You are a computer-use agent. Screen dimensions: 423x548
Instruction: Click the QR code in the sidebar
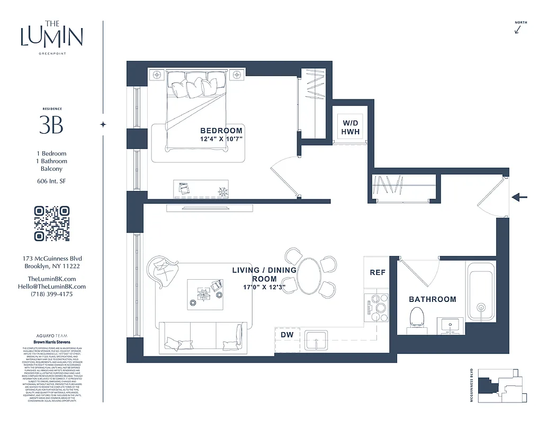pos(52,224)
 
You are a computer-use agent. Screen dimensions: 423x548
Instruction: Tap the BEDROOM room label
pos(221,131)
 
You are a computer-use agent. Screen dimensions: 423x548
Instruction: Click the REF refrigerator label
pos(378,273)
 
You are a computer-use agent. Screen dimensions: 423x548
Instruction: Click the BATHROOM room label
pos(432,299)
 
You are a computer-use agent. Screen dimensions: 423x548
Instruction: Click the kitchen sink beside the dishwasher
pos(316,339)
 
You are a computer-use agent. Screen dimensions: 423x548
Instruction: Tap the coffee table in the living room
pos(204,295)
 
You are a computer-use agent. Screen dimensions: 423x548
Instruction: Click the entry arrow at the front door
pos(520,197)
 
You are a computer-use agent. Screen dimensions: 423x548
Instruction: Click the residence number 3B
pos(51,125)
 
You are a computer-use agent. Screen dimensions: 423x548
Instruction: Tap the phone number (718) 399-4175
pos(51,294)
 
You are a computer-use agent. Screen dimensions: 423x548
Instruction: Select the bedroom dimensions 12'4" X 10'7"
pos(221,140)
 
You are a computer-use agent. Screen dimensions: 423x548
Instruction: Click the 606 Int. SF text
pos(51,181)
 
